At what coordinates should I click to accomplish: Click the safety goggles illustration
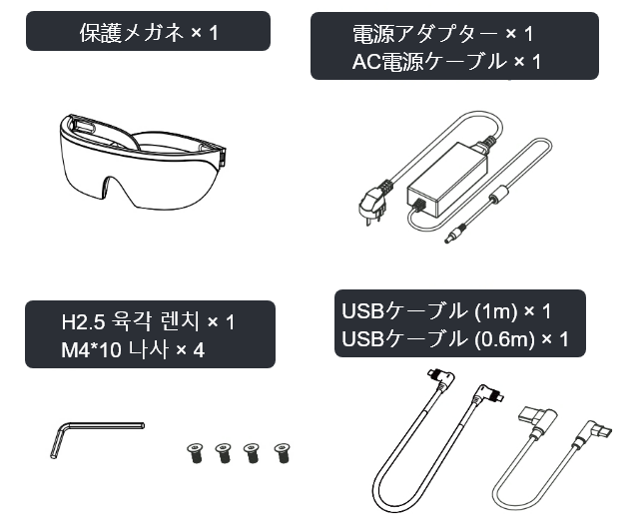[x=142, y=162]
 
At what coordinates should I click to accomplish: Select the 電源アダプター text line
[x=425, y=34]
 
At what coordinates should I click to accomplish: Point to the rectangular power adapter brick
[x=447, y=178]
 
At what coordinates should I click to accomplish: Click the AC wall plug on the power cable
[x=372, y=202]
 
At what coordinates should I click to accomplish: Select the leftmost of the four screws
[x=196, y=453]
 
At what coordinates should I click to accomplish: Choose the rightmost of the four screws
[x=282, y=453]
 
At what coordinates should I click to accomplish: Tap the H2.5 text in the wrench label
[x=83, y=322]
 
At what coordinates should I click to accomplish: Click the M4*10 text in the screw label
[x=91, y=349]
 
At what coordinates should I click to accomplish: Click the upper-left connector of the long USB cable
[x=440, y=377]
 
